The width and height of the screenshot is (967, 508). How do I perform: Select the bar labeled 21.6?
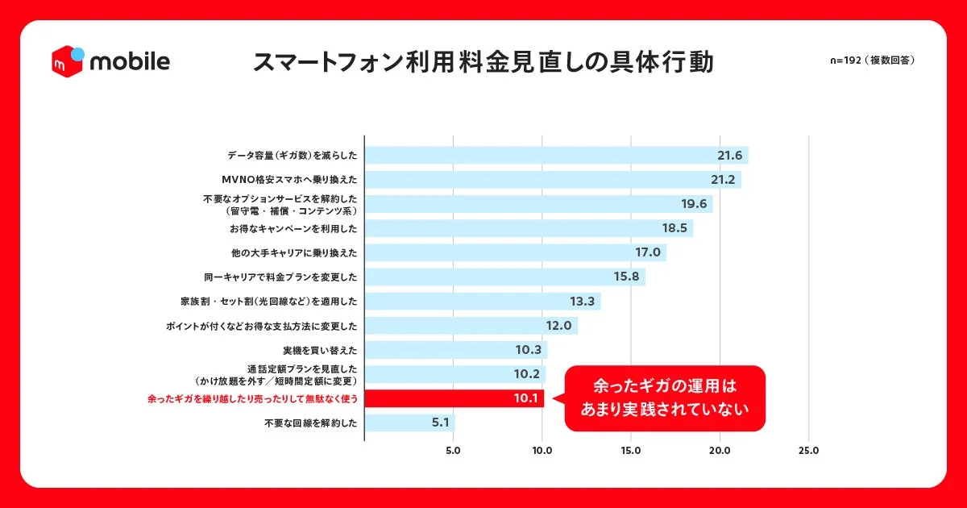point(556,155)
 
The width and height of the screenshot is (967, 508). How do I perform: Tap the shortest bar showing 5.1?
point(409,423)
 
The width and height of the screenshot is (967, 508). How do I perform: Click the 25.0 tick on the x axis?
point(808,451)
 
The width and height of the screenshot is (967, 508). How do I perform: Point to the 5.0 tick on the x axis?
point(453,451)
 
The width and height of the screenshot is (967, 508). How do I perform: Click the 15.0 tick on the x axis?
point(631,451)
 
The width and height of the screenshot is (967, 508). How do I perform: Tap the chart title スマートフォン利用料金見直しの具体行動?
point(483,62)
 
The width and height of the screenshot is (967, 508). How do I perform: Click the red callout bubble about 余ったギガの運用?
point(665,398)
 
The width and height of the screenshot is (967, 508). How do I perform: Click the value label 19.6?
point(693,204)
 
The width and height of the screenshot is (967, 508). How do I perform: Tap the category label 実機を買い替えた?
point(320,350)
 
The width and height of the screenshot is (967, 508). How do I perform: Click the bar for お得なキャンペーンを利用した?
point(529,228)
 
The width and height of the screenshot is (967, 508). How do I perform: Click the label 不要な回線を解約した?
point(309,423)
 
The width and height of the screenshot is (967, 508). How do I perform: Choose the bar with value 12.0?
point(471,326)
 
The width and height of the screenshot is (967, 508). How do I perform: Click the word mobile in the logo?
point(130,61)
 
